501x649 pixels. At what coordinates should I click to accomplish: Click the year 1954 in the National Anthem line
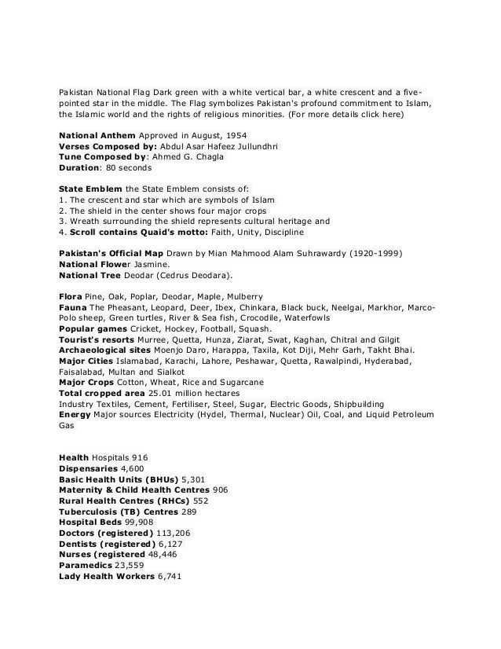pyautogui.click(x=234, y=135)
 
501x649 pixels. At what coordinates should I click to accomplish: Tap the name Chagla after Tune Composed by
pyautogui.click(x=206, y=156)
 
